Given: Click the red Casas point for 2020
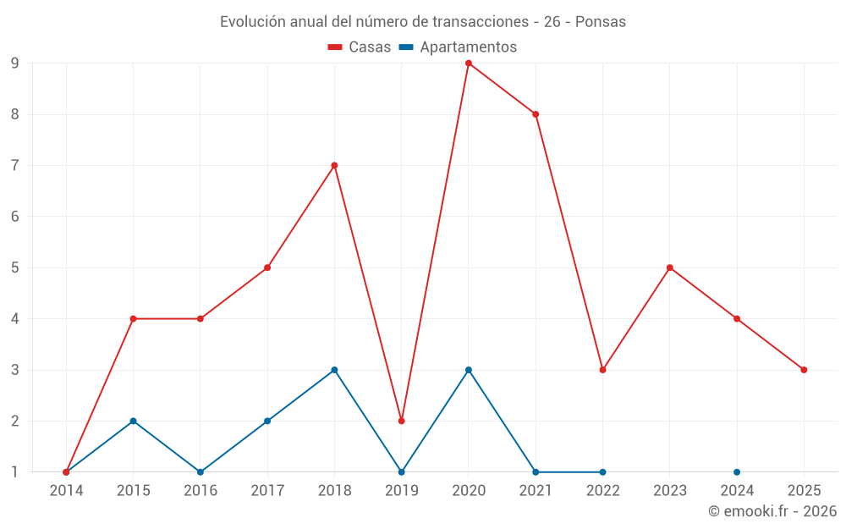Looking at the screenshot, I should point(469,63).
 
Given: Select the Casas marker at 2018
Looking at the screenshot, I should point(334,165).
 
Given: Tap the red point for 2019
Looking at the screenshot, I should point(402,421).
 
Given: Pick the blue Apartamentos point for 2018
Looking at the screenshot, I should point(334,370).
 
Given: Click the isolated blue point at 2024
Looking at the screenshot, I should point(737,472).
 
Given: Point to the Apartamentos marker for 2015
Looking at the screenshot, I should point(133,421).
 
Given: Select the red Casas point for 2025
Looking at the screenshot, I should point(804,370).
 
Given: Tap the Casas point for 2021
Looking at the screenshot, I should point(536,114).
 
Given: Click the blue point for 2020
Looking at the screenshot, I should point(469,370).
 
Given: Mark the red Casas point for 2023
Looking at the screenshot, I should point(670,267).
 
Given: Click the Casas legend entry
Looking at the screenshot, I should point(360,47).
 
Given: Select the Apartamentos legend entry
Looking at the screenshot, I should point(458,47).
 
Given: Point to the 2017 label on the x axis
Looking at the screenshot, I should point(267,490).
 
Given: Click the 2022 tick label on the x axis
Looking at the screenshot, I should point(602,490).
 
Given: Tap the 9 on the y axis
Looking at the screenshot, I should point(15,63).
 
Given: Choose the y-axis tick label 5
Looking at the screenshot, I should point(15,267).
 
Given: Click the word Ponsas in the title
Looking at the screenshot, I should point(601,22).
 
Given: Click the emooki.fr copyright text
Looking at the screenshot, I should point(772,511).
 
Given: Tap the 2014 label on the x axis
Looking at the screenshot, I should point(66,490).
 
